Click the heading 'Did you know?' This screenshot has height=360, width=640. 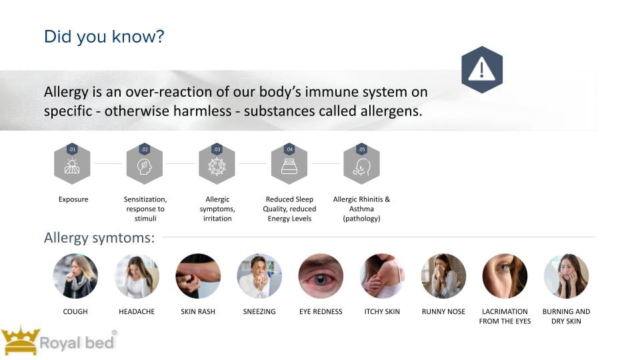(x=104, y=37)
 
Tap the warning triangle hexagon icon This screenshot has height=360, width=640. (x=482, y=69)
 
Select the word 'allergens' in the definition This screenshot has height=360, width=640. (x=391, y=111)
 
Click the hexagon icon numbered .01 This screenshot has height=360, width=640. (x=72, y=164)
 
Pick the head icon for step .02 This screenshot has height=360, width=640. (x=145, y=167)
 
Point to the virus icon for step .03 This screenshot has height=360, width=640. (x=217, y=167)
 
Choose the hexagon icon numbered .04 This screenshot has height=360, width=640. (x=289, y=164)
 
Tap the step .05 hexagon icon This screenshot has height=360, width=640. (x=361, y=164)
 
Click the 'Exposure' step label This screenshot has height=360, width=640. (x=73, y=199)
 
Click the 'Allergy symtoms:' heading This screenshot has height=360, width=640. (x=99, y=237)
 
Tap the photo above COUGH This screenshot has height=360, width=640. (x=75, y=276)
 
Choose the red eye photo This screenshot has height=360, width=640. (x=321, y=276)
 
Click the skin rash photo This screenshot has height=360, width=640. (x=198, y=276)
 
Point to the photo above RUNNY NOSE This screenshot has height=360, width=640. (x=444, y=276)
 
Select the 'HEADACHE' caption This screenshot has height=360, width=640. (x=137, y=311)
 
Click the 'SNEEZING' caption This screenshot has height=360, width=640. (x=259, y=311)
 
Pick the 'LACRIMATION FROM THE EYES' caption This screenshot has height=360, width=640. (x=505, y=316)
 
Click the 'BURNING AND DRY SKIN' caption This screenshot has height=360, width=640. (x=566, y=316)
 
